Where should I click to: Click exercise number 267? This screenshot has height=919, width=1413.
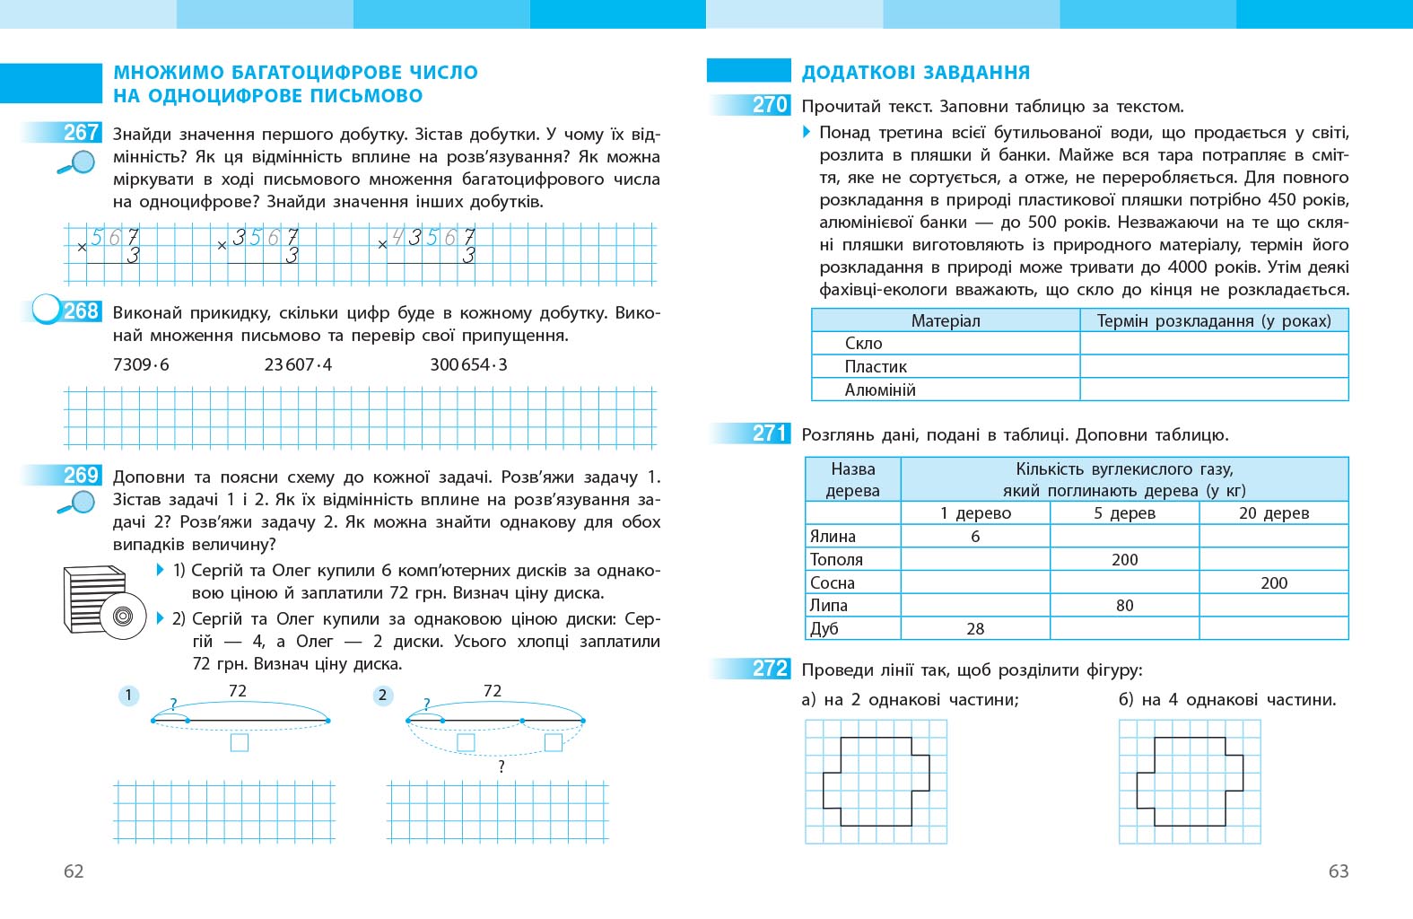81,133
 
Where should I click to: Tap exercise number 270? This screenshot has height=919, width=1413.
770,105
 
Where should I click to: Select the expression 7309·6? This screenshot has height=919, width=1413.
141,364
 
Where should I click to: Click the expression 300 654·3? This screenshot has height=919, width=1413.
468,364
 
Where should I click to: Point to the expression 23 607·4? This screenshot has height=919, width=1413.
298,364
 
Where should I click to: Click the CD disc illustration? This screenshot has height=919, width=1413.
124,616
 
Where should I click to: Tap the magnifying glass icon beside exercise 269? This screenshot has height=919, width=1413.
76,503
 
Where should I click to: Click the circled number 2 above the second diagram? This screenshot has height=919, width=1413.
383,695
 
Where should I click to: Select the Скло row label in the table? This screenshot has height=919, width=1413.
863,344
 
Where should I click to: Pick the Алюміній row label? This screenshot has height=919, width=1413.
879,390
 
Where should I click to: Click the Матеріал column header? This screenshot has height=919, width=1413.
946,320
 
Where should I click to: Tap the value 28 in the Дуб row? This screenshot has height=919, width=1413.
975,629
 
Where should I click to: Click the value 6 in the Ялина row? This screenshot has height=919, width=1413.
975,537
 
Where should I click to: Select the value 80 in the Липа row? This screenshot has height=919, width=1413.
1124,606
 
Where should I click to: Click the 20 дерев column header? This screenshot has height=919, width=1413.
1273,513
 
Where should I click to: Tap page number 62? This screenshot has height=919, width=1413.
74,871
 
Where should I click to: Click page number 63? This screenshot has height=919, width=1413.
1338,871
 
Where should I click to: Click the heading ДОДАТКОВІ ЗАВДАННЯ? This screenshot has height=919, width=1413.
915,73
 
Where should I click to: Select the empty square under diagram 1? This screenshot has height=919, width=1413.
240,743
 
